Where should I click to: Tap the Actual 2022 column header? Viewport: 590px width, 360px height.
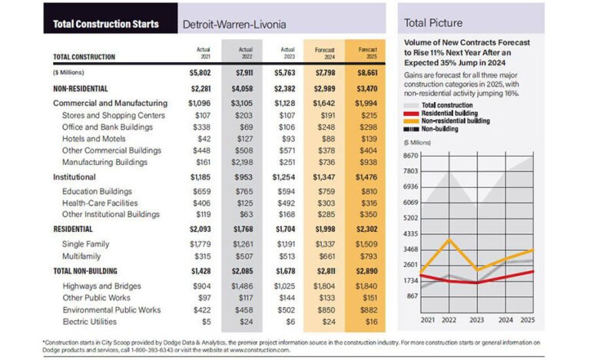click(x=242, y=53)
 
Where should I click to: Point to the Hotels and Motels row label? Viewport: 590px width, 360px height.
click(x=94, y=140)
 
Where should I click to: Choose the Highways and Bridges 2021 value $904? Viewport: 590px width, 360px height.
click(x=199, y=286)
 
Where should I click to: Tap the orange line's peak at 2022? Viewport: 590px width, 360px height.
click(x=449, y=240)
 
